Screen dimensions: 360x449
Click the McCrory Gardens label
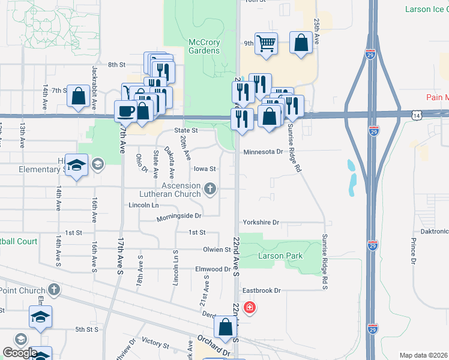[x=204, y=46]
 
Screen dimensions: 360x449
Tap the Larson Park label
[x=280, y=256]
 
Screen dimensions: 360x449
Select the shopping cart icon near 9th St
[x=266, y=43]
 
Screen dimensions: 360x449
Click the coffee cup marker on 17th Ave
[x=126, y=110]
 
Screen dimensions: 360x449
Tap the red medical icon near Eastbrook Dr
[x=250, y=308]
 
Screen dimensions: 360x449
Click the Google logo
[x=20, y=353]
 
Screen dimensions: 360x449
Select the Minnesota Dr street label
[x=263, y=152]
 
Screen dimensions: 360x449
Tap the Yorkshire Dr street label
[x=261, y=223]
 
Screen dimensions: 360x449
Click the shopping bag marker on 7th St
[x=78, y=96]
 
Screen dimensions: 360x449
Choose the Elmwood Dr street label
[x=213, y=269]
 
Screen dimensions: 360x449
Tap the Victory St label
[x=155, y=343]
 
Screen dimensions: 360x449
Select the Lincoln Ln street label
[x=143, y=205]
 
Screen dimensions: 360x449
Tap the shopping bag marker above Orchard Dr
[x=225, y=328]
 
